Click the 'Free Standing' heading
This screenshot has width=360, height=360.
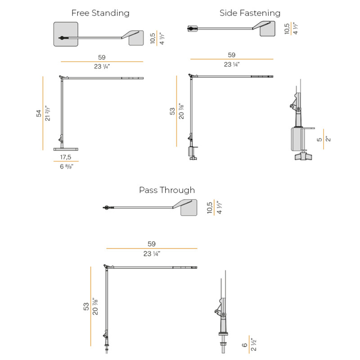pyautogui.click(x=100, y=13)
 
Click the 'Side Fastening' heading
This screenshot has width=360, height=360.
pyautogui.click(x=250, y=13)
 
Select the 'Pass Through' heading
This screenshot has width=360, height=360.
pyautogui.click(x=167, y=190)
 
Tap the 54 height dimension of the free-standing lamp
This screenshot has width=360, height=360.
pyautogui.click(x=39, y=113)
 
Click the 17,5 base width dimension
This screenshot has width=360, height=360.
pyautogui.click(x=66, y=157)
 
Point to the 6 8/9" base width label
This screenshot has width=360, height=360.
pyautogui.click(x=66, y=166)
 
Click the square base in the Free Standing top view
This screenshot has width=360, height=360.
pyautogui.click(x=66, y=34)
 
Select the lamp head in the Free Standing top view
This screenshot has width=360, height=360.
pyautogui.click(x=135, y=37)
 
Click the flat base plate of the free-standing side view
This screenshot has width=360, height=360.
pyautogui.click(x=66, y=148)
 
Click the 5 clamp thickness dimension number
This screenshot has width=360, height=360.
pyautogui.click(x=319, y=139)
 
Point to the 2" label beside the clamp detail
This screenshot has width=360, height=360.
pyautogui.click(x=328, y=139)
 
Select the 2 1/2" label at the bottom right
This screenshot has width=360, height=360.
pyautogui.click(x=254, y=345)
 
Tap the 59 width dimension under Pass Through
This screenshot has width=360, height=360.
pyautogui.click(x=152, y=243)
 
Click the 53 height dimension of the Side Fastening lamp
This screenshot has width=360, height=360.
pyautogui.click(x=172, y=111)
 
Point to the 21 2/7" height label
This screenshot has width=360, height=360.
pyautogui.click(x=47, y=113)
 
